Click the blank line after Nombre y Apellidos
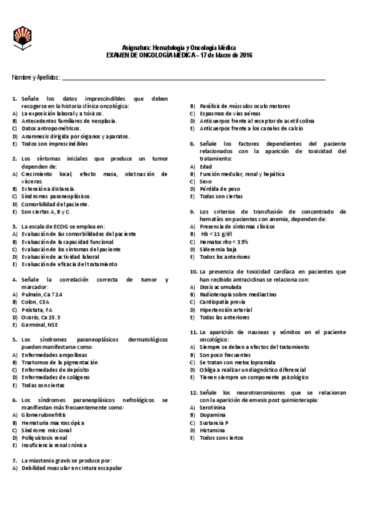193,78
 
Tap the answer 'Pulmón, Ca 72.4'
42,294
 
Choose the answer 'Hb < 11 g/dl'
218,234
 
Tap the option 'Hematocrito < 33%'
224,242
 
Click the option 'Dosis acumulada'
222,286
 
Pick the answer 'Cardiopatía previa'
224,302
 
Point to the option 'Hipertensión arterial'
225,309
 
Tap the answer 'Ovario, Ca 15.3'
40,317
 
